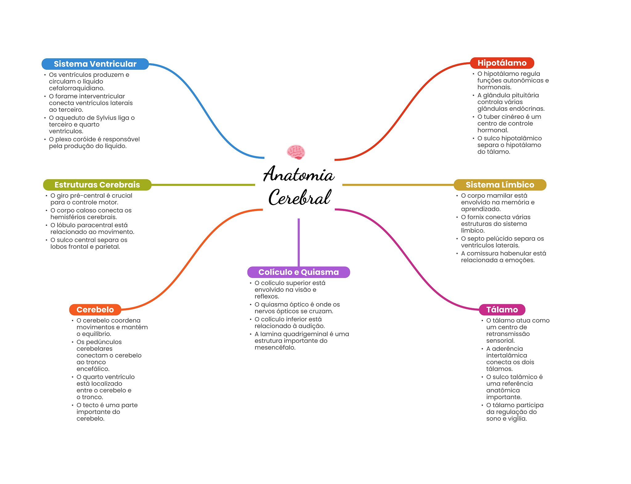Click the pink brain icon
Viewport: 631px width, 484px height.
click(x=296, y=152)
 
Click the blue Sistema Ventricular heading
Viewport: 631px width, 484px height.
click(x=95, y=64)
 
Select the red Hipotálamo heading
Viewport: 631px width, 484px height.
click(x=502, y=63)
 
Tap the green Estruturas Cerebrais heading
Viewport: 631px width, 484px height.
click(x=97, y=185)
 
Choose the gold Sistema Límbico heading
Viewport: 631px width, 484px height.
click(x=500, y=185)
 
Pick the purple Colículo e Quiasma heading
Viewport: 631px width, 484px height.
click(x=298, y=272)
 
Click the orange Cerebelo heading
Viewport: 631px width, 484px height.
click(x=95, y=309)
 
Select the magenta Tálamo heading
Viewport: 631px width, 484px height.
click(x=502, y=309)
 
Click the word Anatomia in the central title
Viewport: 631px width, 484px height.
click(x=298, y=174)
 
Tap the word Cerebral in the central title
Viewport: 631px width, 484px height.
click(x=299, y=198)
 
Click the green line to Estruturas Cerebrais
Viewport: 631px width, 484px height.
click(x=203, y=185)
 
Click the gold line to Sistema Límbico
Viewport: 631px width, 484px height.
click(x=397, y=185)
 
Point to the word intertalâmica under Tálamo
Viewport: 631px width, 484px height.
click(x=507, y=355)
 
